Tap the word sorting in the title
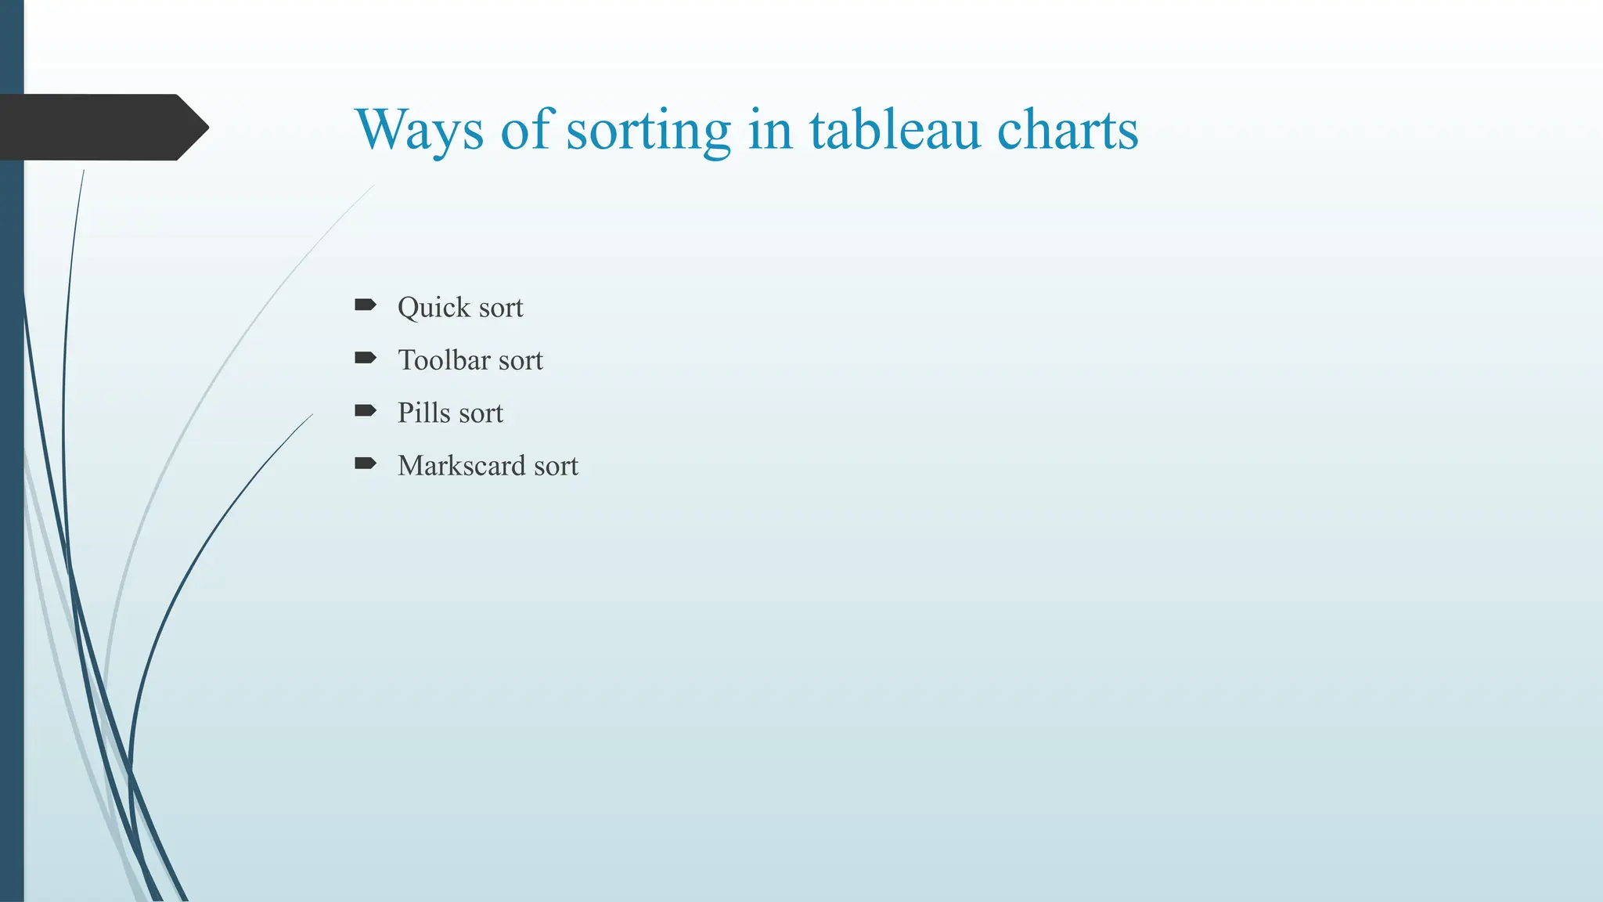pyautogui.click(x=648, y=130)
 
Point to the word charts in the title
pyautogui.click(x=1068, y=130)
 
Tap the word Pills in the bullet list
pyautogui.click(x=423, y=413)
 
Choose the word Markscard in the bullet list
pyautogui.click(x=461, y=466)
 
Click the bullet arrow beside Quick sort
pyautogui.click(x=366, y=305)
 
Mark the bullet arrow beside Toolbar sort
pyautogui.click(x=366, y=358)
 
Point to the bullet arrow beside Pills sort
pyautogui.click(x=366, y=410)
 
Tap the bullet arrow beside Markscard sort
pyautogui.click(x=366, y=464)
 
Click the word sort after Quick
pyautogui.click(x=501, y=308)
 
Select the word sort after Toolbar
pyautogui.click(x=521, y=361)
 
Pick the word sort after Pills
pyautogui.click(x=481, y=413)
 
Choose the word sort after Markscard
pyautogui.click(x=556, y=467)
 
